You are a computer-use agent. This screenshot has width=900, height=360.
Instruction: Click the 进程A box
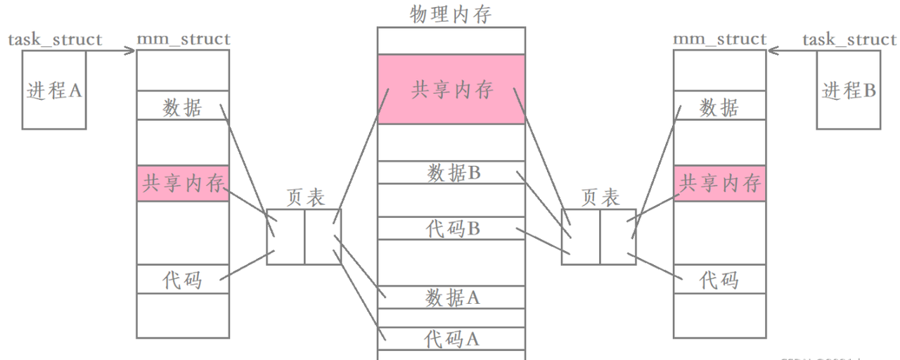pyautogui.click(x=53, y=91)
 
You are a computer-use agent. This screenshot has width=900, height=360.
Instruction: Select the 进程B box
pyautogui.click(x=848, y=91)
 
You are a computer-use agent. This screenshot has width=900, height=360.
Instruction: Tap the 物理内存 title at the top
pyautogui.click(x=451, y=13)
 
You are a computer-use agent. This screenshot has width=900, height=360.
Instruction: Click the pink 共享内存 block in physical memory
pyautogui.click(x=451, y=90)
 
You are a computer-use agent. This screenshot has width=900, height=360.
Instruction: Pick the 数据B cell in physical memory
pyautogui.click(x=451, y=173)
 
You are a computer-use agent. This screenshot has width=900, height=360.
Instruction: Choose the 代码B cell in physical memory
pyautogui.click(x=451, y=229)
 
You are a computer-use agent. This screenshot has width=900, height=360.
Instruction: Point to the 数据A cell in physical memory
pyautogui.click(x=451, y=297)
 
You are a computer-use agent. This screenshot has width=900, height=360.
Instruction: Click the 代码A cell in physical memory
pyautogui.click(x=451, y=338)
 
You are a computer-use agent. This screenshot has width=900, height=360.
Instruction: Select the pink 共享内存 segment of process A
pyautogui.click(x=183, y=184)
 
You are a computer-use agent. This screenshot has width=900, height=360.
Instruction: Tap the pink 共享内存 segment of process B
pyautogui.click(x=719, y=184)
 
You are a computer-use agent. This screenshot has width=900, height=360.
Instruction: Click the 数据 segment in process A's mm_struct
pyautogui.click(x=183, y=107)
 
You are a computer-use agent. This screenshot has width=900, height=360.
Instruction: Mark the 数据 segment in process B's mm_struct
pyautogui.click(x=719, y=107)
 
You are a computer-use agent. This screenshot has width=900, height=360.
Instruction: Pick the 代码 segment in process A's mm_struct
pyautogui.click(x=183, y=280)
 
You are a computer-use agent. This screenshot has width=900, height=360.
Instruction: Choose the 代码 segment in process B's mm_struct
pyautogui.click(x=719, y=280)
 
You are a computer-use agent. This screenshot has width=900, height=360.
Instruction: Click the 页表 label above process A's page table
pyautogui.click(x=306, y=198)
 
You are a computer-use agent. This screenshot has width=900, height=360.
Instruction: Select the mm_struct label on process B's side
pyautogui.click(x=719, y=39)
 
